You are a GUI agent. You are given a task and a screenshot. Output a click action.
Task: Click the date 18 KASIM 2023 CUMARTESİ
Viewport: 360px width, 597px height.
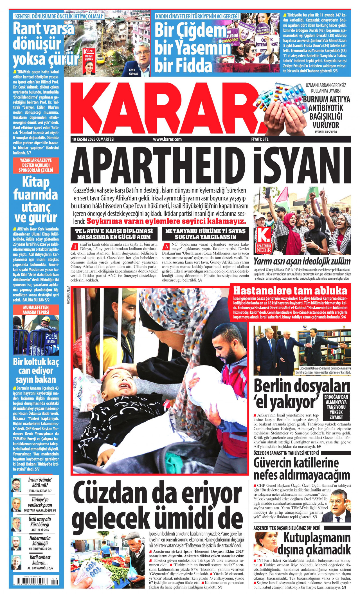[x=93, y=139]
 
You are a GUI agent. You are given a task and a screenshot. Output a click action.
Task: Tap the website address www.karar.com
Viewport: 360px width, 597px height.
[x=167, y=139]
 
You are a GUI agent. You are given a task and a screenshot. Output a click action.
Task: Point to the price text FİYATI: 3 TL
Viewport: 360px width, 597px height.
[x=260, y=139]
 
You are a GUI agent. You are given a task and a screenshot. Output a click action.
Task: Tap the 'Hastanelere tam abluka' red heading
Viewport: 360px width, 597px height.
[x=290, y=290]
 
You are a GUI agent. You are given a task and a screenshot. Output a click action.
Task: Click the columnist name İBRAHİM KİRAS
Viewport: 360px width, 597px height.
[x=40, y=491]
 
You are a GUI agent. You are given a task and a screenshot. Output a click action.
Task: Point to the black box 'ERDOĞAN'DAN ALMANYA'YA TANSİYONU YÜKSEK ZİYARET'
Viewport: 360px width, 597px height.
[x=336, y=407]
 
